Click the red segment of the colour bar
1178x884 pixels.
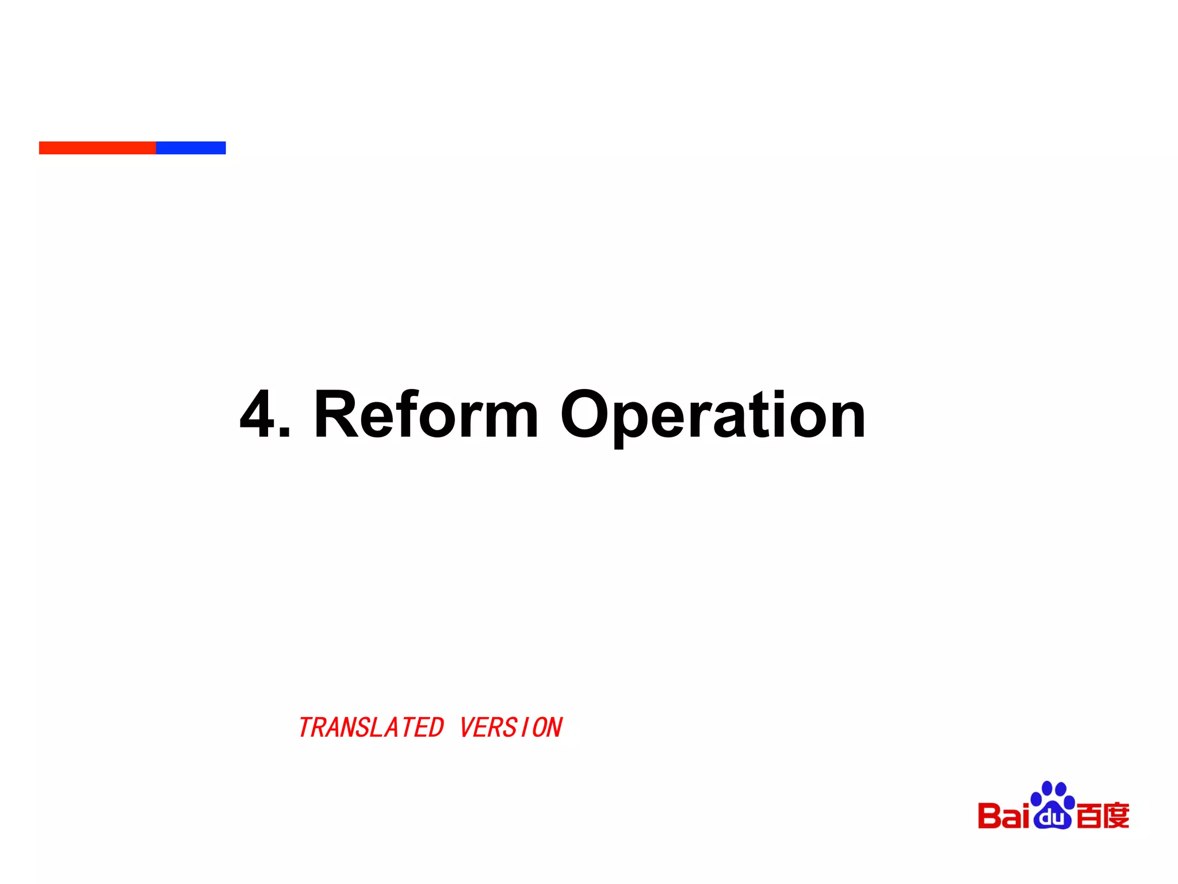click(97, 148)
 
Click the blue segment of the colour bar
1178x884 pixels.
click(190, 148)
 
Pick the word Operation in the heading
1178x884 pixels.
click(713, 417)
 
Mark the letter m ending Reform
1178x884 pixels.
click(506, 420)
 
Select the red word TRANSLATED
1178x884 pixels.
click(371, 727)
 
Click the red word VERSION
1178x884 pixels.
click(511, 727)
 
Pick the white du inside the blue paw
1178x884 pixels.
click(1052, 817)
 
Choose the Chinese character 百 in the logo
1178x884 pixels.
click(1088, 816)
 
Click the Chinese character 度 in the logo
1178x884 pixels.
click(1116, 816)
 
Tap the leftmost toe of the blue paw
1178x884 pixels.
click(1036, 799)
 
